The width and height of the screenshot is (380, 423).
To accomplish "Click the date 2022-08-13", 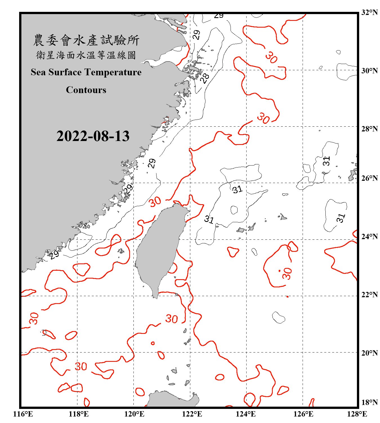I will click(93, 136).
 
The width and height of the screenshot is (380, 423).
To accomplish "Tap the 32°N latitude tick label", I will click(369, 12).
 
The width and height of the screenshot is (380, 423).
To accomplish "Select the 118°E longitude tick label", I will click(79, 414).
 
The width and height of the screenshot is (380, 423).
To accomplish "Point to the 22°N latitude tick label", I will click(369, 295).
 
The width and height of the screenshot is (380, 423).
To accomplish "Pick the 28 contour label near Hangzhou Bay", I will click(205, 78).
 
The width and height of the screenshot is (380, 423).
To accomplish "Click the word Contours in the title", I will click(86, 90).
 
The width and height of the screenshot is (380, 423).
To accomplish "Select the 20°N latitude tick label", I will click(369, 353).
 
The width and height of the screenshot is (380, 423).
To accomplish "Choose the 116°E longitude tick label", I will click(23, 414).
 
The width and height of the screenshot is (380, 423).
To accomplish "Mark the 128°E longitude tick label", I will click(357, 414).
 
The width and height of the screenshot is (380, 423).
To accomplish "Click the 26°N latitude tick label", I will click(369, 178).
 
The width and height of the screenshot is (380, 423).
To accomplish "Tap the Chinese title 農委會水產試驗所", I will click(86, 40).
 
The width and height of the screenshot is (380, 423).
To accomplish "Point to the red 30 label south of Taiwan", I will click(171, 319).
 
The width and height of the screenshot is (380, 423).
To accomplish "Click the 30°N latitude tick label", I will click(369, 70).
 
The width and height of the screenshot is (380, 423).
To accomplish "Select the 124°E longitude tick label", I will click(246, 414).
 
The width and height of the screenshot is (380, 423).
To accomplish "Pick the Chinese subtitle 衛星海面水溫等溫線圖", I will click(86, 55).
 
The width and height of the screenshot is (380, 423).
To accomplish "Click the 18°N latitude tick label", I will click(369, 402).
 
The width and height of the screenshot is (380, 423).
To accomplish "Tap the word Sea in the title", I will click(39, 72).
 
